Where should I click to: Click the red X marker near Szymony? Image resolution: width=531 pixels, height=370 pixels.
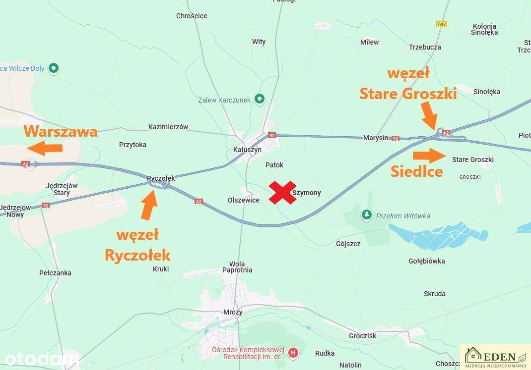click(x=283, y=192)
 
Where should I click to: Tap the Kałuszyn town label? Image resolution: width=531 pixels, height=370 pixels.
click(x=247, y=150)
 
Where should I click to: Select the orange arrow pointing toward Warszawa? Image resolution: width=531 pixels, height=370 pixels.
click(x=45, y=148)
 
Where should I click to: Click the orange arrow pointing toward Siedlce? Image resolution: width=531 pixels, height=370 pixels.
click(x=430, y=155)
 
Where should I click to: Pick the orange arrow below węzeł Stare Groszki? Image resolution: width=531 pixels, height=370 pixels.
click(x=430, y=119)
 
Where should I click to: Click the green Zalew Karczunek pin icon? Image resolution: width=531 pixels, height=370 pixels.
click(x=259, y=99)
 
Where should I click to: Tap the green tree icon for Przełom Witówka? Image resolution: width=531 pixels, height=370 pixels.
click(x=367, y=215)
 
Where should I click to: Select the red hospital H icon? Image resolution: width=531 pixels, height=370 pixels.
click(x=294, y=353)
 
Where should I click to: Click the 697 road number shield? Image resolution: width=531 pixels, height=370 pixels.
click(x=442, y=24)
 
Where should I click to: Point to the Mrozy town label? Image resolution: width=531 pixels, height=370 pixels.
click(x=233, y=312)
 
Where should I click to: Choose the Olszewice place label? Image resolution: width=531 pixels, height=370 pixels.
click(x=243, y=200)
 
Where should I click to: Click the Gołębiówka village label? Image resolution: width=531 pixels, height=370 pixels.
click(x=426, y=261)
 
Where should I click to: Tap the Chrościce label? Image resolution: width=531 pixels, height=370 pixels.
click(x=192, y=16)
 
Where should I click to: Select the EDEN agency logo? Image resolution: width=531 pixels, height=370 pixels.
click(x=495, y=357)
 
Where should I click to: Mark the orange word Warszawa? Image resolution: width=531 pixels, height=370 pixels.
click(x=61, y=132)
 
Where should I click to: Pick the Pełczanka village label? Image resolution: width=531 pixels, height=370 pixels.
click(x=55, y=273)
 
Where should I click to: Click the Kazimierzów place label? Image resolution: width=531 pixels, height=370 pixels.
click(x=168, y=127)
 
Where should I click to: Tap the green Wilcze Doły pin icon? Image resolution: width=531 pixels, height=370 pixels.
click(x=54, y=68)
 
